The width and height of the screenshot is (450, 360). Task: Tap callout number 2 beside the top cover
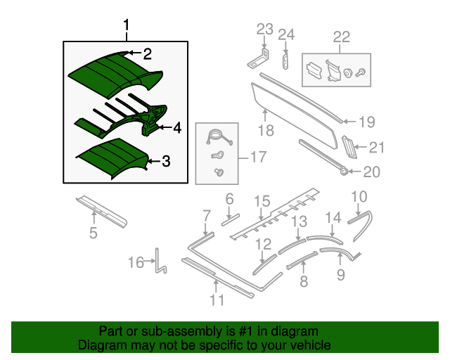point(148,54)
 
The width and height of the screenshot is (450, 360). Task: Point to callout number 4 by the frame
point(176,128)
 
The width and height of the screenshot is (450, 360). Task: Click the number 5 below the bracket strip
point(93,233)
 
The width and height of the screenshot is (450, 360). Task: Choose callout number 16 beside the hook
point(135,263)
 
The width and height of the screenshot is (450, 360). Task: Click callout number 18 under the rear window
point(264,131)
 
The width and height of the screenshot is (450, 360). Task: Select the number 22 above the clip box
point(341,37)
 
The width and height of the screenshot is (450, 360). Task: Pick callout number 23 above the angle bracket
point(264,30)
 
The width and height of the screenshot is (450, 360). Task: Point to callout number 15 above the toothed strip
point(262,202)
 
